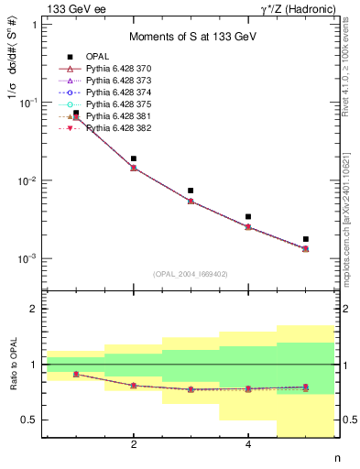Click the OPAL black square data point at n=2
(134, 158)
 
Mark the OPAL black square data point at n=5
(306, 239)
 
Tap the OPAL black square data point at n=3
(191, 191)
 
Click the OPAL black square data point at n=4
(248, 217)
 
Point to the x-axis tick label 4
(248, 445)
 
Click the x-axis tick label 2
(134, 445)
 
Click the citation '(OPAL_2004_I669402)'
(190, 274)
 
